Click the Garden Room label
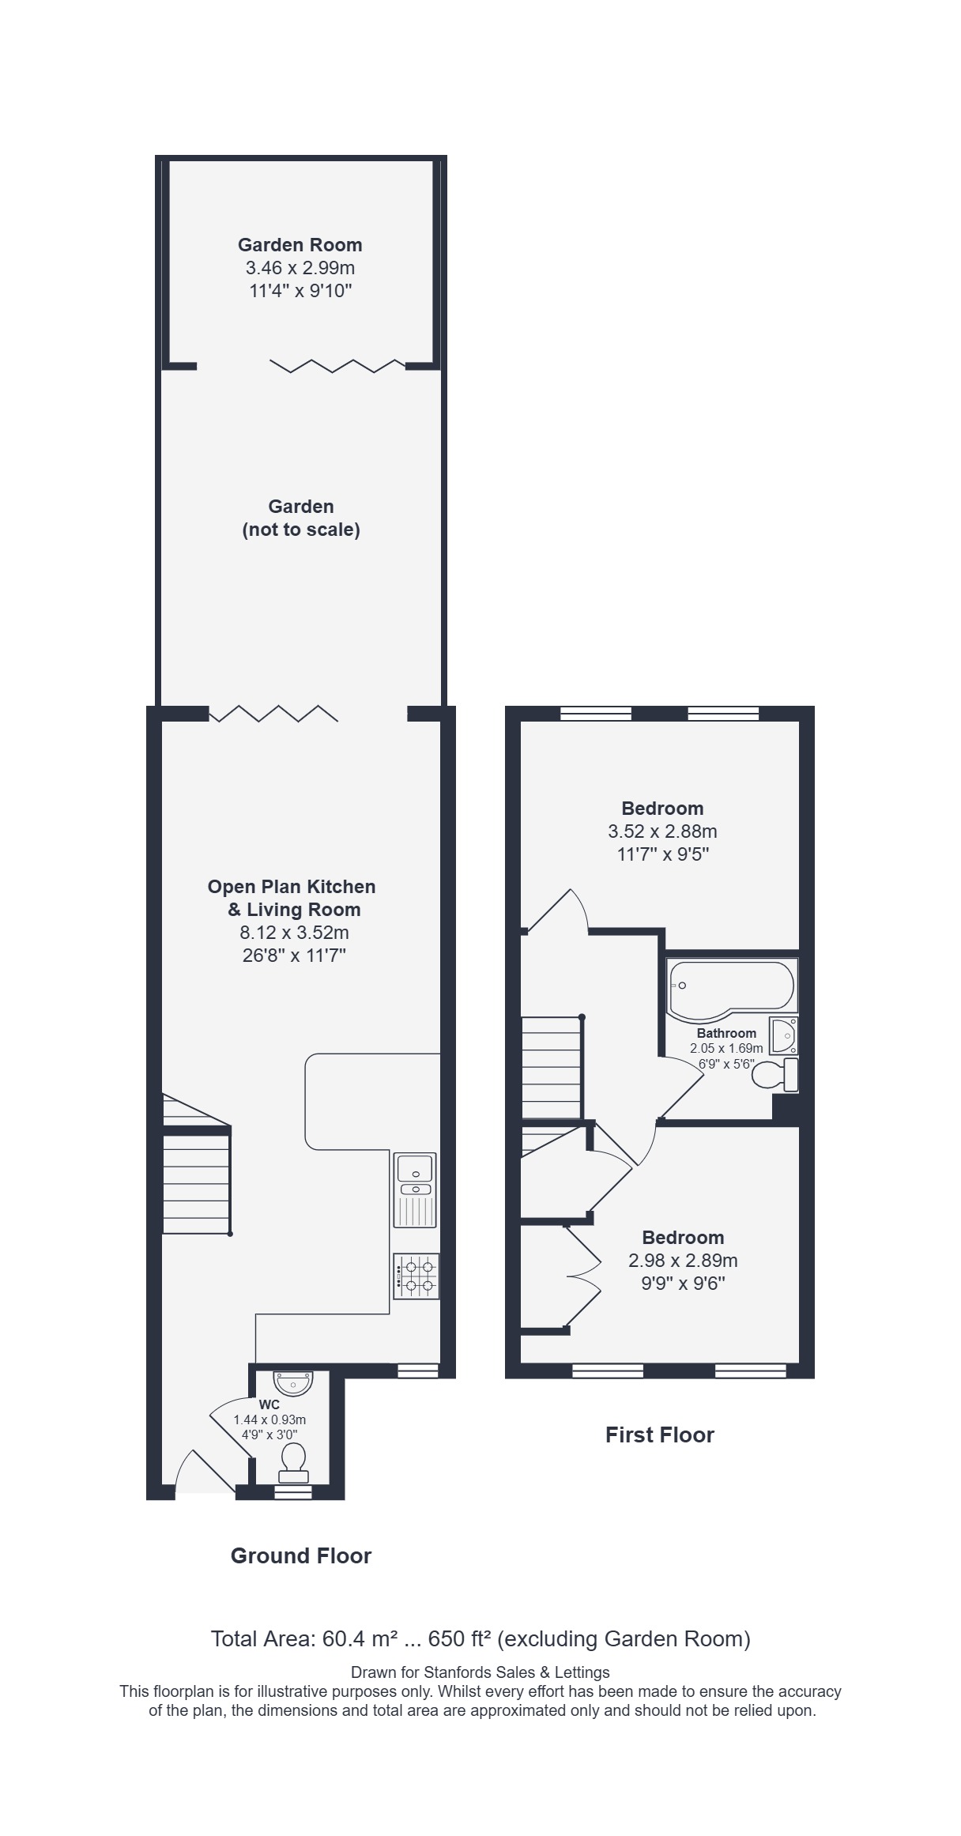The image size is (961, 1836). pyautogui.click(x=300, y=245)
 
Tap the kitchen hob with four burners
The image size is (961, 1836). pyautogui.click(x=416, y=1276)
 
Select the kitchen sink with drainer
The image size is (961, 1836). pyautogui.click(x=415, y=1190)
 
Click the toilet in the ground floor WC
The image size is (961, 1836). pyautogui.click(x=293, y=1464)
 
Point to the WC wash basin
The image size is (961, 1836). pyautogui.click(x=293, y=1384)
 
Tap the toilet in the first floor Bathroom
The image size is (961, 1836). pyautogui.click(x=775, y=1075)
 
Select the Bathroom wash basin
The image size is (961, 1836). pyautogui.click(x=783, y=1035)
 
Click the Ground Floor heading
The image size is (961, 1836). pyautogui.click(x=301, y=1556)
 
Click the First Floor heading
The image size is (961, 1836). pyautogui.click(x=660, y=1435)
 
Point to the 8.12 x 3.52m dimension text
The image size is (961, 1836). pyautogui.click(x=294, y=933)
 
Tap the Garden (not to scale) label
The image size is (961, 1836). pyautogui.click(x=301, y=518)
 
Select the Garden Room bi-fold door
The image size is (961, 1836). pyautogui.click(x=337, y=366)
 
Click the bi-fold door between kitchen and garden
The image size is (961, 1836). pyautogui.click(x=273, y=713)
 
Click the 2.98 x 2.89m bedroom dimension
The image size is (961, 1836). pyautogui.click(x=683, y=1261)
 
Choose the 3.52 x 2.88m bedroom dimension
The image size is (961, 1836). pyautogui.click(x=662, y=831)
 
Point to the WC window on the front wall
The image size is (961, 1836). pyautogui.click(x=293, y=1491)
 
